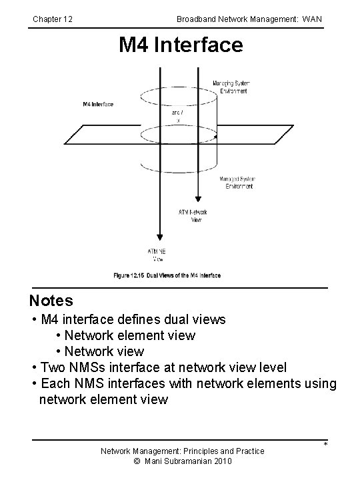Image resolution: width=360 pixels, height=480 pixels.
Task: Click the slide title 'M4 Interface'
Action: point(181,46)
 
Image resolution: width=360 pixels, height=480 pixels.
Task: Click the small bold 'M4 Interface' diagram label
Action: point(98,104)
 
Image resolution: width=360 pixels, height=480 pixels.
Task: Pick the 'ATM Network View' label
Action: point(194,216)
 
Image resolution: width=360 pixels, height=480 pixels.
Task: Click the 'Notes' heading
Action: point(51,301)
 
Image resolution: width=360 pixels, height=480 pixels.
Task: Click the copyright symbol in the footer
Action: point(137,461)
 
